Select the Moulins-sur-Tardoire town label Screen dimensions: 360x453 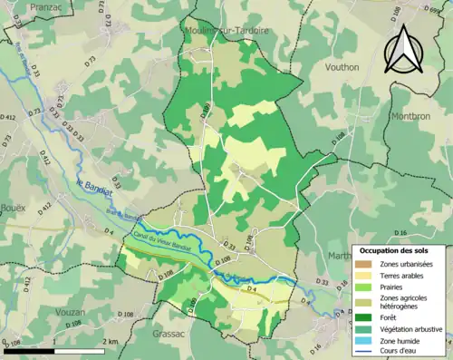click(230, 30)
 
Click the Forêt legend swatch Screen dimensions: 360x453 click(361, 316)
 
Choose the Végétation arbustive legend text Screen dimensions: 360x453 click(413, 328)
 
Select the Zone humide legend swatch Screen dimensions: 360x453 click(361, 340)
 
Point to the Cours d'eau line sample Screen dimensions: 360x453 click(361, 351)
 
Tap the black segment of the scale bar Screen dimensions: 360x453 click(28, 350)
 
